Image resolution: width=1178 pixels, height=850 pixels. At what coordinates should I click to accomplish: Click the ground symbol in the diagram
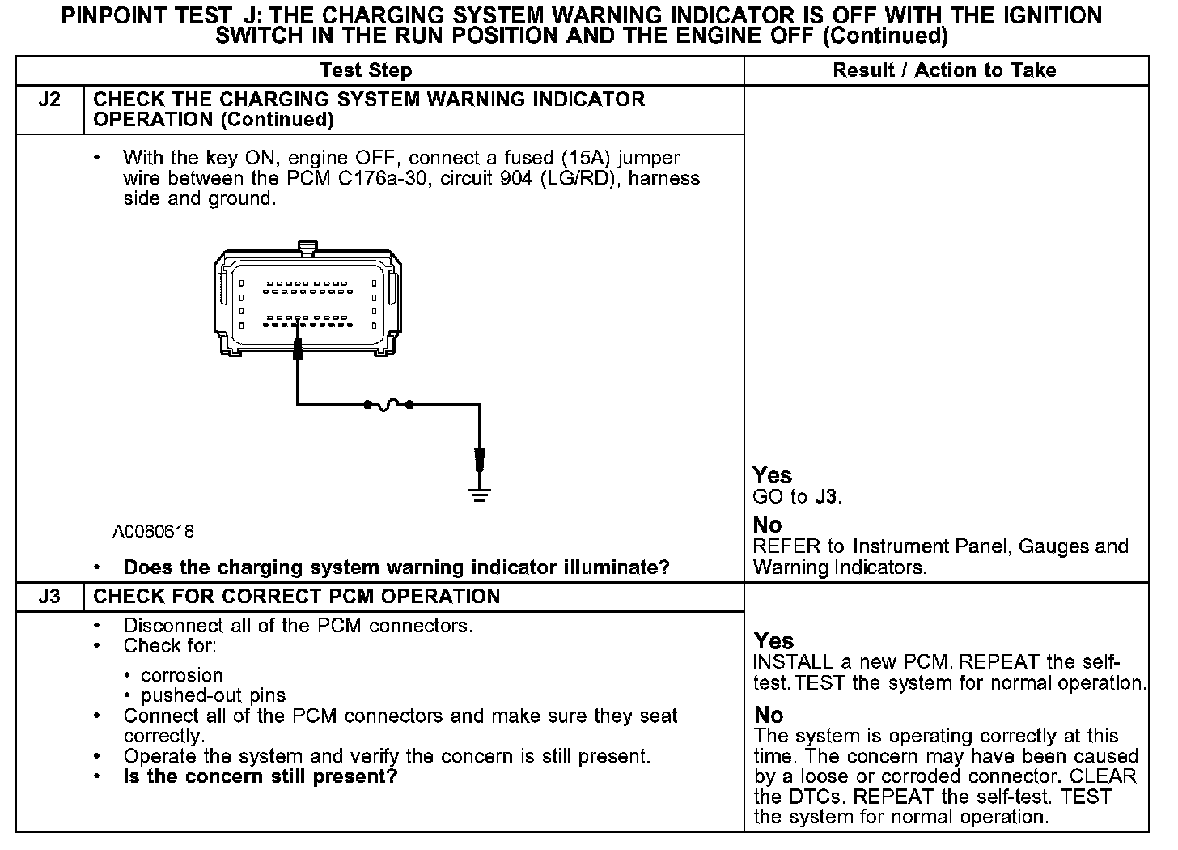click(480, 495)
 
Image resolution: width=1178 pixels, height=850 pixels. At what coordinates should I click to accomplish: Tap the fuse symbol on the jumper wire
click(388, 403)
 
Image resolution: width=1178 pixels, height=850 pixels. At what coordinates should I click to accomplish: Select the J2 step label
click(49, 100)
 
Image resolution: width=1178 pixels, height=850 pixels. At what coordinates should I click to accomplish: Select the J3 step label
click(49, 597)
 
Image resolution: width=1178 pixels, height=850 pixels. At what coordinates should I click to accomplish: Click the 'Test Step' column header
click(366, 70)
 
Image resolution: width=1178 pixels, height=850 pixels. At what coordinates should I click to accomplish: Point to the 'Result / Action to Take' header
click(944, 70)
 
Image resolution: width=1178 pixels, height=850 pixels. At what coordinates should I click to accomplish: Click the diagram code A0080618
click(153, 532)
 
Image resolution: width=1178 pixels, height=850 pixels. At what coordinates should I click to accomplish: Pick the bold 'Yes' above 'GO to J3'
click(772, 475)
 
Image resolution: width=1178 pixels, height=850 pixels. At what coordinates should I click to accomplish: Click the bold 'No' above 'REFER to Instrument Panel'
click(767, 525)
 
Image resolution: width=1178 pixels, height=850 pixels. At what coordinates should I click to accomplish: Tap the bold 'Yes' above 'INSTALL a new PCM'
click(773, 641)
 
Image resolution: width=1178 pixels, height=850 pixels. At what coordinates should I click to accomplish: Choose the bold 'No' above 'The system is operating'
click(769, 716)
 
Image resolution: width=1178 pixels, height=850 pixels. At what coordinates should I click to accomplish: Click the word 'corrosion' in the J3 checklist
click(182, 675)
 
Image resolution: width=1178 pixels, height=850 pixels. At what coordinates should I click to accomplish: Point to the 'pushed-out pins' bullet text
click(214, 695)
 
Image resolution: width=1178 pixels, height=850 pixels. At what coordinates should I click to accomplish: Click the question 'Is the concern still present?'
click(260, 777)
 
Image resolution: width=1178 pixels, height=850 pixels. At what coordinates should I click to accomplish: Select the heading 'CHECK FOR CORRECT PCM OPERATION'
click(297, 597)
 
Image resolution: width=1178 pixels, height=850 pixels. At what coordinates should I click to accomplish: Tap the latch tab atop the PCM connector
click(307, 247)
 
